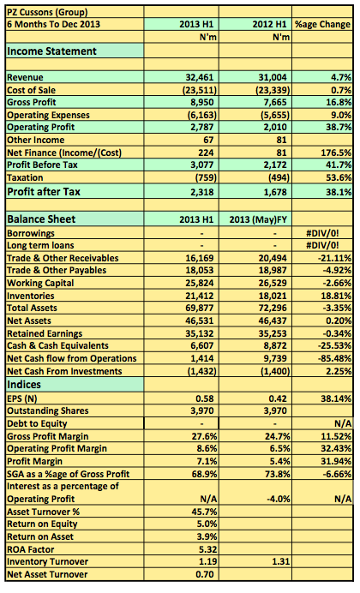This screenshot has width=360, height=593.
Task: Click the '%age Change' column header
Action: pos(322,25)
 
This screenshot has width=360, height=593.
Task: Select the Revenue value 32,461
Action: pos(200,77)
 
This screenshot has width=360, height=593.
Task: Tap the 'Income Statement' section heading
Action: pos(51,51)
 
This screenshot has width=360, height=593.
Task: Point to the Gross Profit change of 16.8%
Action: pos(339,102)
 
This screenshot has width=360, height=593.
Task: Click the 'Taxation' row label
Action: pos(25,177)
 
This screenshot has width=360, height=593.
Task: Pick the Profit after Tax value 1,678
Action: pos(275,192)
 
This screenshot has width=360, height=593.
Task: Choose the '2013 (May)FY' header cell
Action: pos(258,219)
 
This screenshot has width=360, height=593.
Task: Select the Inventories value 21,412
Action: pos(200,296)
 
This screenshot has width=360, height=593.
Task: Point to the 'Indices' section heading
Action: pos(24,385)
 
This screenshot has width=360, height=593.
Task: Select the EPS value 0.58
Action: pos(205,398)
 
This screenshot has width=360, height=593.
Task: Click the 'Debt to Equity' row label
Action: pos(37,424)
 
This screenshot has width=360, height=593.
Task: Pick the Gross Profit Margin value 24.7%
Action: pos(278,436)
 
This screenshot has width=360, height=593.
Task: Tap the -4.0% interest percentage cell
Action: pos(279,500)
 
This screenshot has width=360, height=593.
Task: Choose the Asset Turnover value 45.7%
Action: pos(205,512)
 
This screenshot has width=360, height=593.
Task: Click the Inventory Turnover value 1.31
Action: pos(280,562)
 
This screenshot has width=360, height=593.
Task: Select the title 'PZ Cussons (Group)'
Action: pos(47,13)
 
